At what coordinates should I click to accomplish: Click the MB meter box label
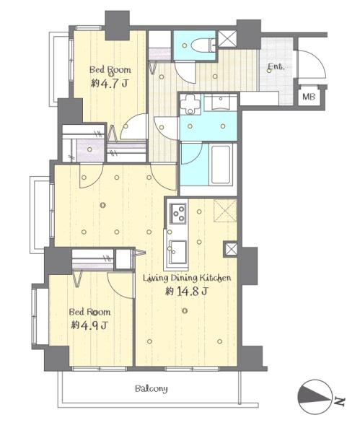309,97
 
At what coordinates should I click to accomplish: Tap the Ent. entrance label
276,66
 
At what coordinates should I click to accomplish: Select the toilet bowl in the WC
201,45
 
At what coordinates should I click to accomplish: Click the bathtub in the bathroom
221,165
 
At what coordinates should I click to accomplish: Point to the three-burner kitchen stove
177,213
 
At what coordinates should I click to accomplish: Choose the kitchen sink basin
177,252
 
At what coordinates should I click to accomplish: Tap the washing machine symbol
190,104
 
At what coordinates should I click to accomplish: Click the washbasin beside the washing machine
221,102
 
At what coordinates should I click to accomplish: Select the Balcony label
152,389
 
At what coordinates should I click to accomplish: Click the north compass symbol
315,397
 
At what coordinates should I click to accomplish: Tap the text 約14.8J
187,291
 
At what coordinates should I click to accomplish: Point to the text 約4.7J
110,83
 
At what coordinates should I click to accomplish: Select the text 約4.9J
89,325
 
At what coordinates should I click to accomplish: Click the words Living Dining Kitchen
187,278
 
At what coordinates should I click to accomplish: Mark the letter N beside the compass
340,402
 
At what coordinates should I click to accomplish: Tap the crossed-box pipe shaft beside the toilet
227,38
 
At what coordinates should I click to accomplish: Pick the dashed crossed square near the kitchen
225,211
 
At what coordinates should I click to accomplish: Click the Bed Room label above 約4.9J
89,312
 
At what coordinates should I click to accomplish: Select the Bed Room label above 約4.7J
110,69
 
